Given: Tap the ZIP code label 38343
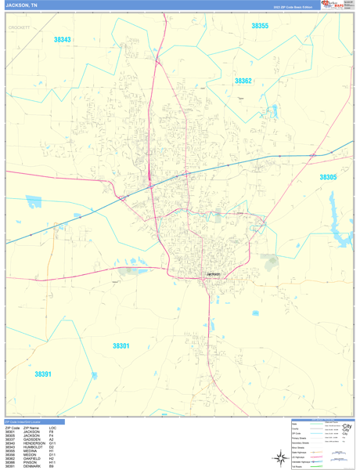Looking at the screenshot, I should click(x=63, y=39).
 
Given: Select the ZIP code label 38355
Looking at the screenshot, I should click(x=260, y=26).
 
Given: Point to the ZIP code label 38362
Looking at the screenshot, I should click(x=243, y=81).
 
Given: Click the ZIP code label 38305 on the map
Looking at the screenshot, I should click(x=328, y=177).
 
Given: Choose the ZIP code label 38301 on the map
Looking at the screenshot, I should click(x=121, y=345).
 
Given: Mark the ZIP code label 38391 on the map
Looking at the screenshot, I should click(x=43, y=374).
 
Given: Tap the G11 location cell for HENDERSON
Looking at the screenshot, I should click(x=52, y=443).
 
